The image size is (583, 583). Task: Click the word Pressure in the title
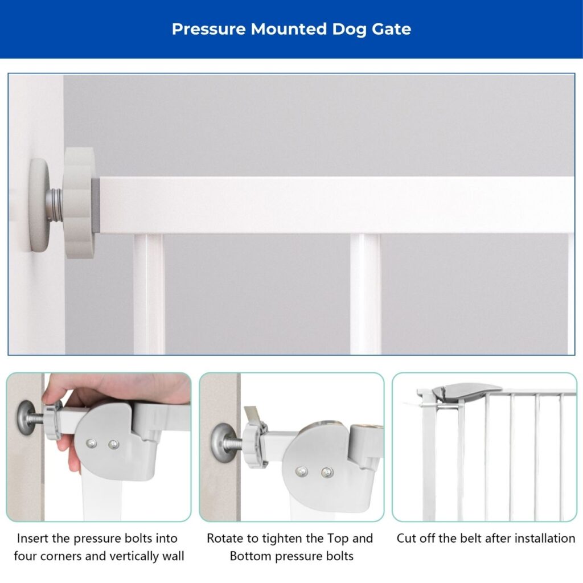tap(208, 29)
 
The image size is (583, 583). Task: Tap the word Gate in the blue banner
tap(391, 29)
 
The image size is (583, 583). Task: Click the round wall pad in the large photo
tap(39, 205)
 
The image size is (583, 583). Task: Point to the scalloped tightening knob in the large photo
tap(79, 203)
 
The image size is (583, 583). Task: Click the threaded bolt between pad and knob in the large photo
tap(55, 205)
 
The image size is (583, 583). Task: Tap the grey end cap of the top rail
tap(95, 205)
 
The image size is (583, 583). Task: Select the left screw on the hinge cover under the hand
tap(91, 443)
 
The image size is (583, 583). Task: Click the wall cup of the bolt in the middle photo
tap(220, 442)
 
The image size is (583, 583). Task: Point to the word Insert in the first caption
tap(32, 538)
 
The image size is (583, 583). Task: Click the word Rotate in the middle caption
tap(224, 538)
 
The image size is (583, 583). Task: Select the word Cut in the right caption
tap(406, 538)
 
